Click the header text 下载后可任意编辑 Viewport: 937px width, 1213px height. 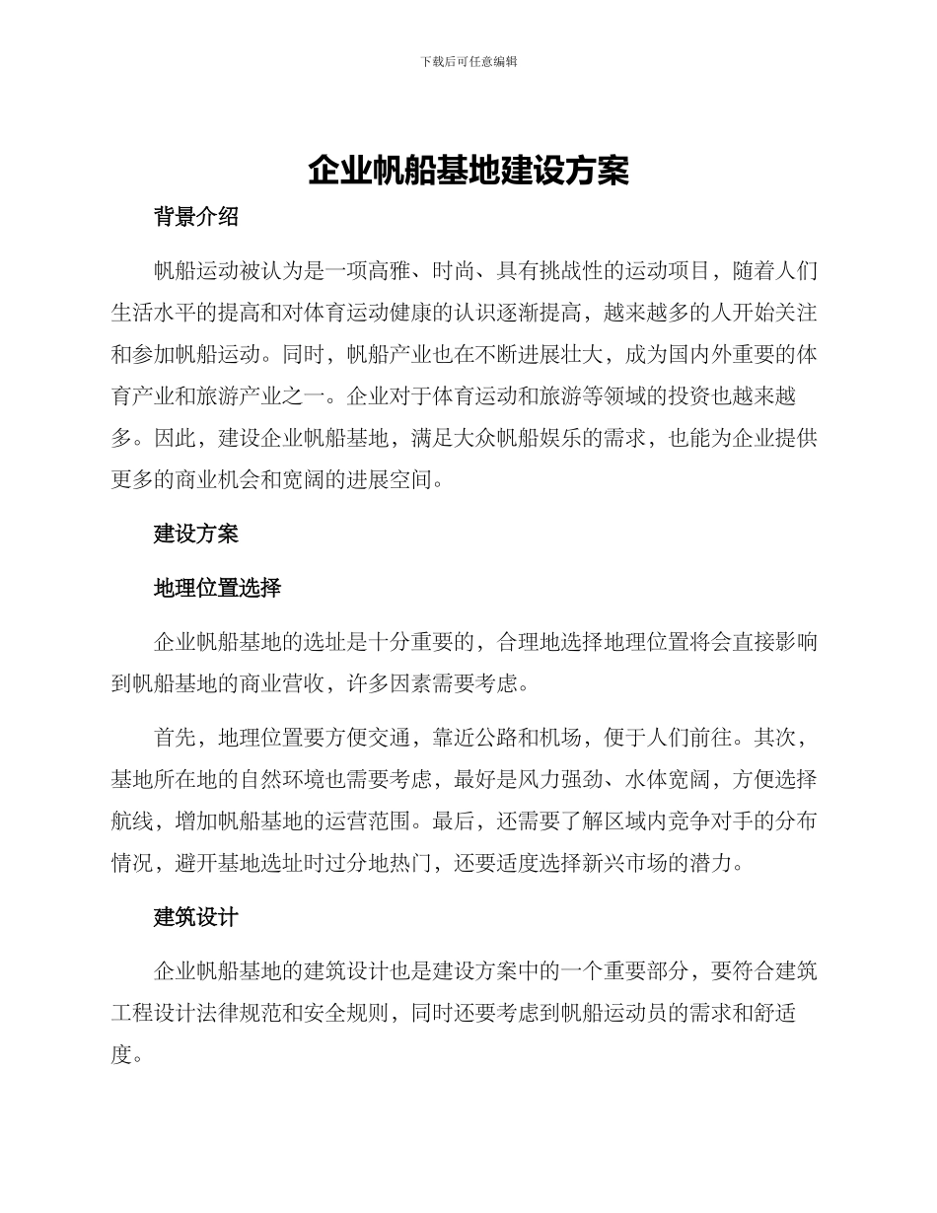(x=468, y=61)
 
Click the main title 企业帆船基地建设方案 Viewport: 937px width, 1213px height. (x=468, y=171)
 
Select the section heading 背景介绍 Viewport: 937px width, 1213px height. (x=196, y=217)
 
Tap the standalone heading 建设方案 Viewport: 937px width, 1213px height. (x=196, y=534)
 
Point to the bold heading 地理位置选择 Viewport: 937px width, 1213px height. (x=218, y=588)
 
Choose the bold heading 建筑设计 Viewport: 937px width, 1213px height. (x=196, y=917)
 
